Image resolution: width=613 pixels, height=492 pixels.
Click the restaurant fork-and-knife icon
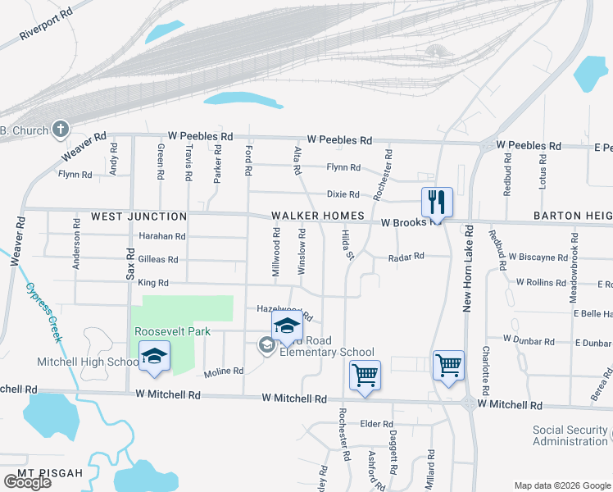(436, 202)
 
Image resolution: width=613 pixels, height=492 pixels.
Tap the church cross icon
(60, 129)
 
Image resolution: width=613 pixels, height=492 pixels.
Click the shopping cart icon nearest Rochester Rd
(365, 375)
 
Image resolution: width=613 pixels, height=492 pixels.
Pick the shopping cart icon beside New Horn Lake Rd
(448, 365)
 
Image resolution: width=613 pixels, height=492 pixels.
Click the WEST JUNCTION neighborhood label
(138, 216)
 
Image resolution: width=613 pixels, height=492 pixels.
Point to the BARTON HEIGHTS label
(572, 216)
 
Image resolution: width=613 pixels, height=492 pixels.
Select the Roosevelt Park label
(173, 331)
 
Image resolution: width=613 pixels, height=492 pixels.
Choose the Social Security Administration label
(570, 435)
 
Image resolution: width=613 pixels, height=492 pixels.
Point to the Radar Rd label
(406, 256)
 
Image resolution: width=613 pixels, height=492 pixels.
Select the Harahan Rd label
(162, 236)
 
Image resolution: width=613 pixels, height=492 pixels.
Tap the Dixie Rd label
(343, 194)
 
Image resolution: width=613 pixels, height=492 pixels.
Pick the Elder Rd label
(377, 424)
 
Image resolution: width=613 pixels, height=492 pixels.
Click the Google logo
(27, 482)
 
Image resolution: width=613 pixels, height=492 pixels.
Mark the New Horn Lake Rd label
(468, 267)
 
